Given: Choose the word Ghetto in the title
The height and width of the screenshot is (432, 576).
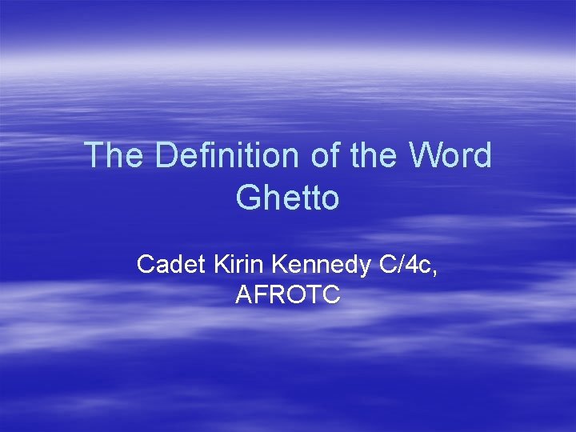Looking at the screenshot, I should (288, 198).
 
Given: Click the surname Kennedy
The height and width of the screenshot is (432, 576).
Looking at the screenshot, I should (319, 264).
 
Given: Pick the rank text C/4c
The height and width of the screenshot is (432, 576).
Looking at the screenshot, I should (405, 264).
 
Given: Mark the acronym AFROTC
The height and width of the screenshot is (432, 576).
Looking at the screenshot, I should (288, 295).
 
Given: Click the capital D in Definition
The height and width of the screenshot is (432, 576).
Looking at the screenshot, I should (167, 155).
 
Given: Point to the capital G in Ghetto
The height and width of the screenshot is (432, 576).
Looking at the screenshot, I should (248, 198).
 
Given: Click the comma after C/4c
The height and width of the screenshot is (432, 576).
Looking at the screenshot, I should (434, 270).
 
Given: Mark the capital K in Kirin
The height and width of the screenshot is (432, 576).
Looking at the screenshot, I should (221, 264).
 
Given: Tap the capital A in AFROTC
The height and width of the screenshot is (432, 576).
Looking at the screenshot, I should (244, 295).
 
